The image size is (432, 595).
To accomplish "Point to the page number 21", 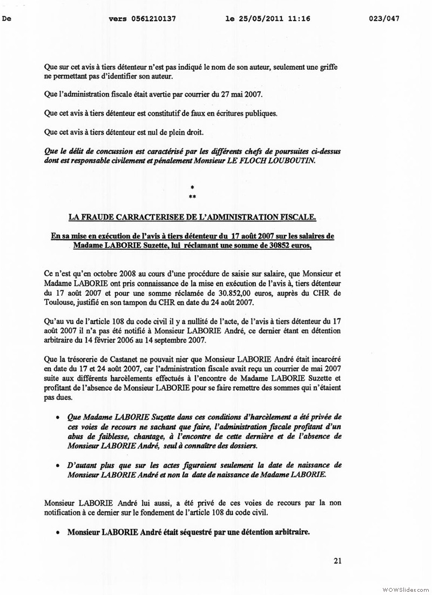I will click(337, 560).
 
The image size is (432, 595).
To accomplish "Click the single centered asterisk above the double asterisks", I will click(192, 187).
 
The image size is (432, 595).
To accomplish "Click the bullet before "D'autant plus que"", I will click(58, 465).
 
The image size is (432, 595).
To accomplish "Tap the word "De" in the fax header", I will click(7, 18).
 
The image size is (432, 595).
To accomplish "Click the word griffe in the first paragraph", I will click(323, 67).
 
